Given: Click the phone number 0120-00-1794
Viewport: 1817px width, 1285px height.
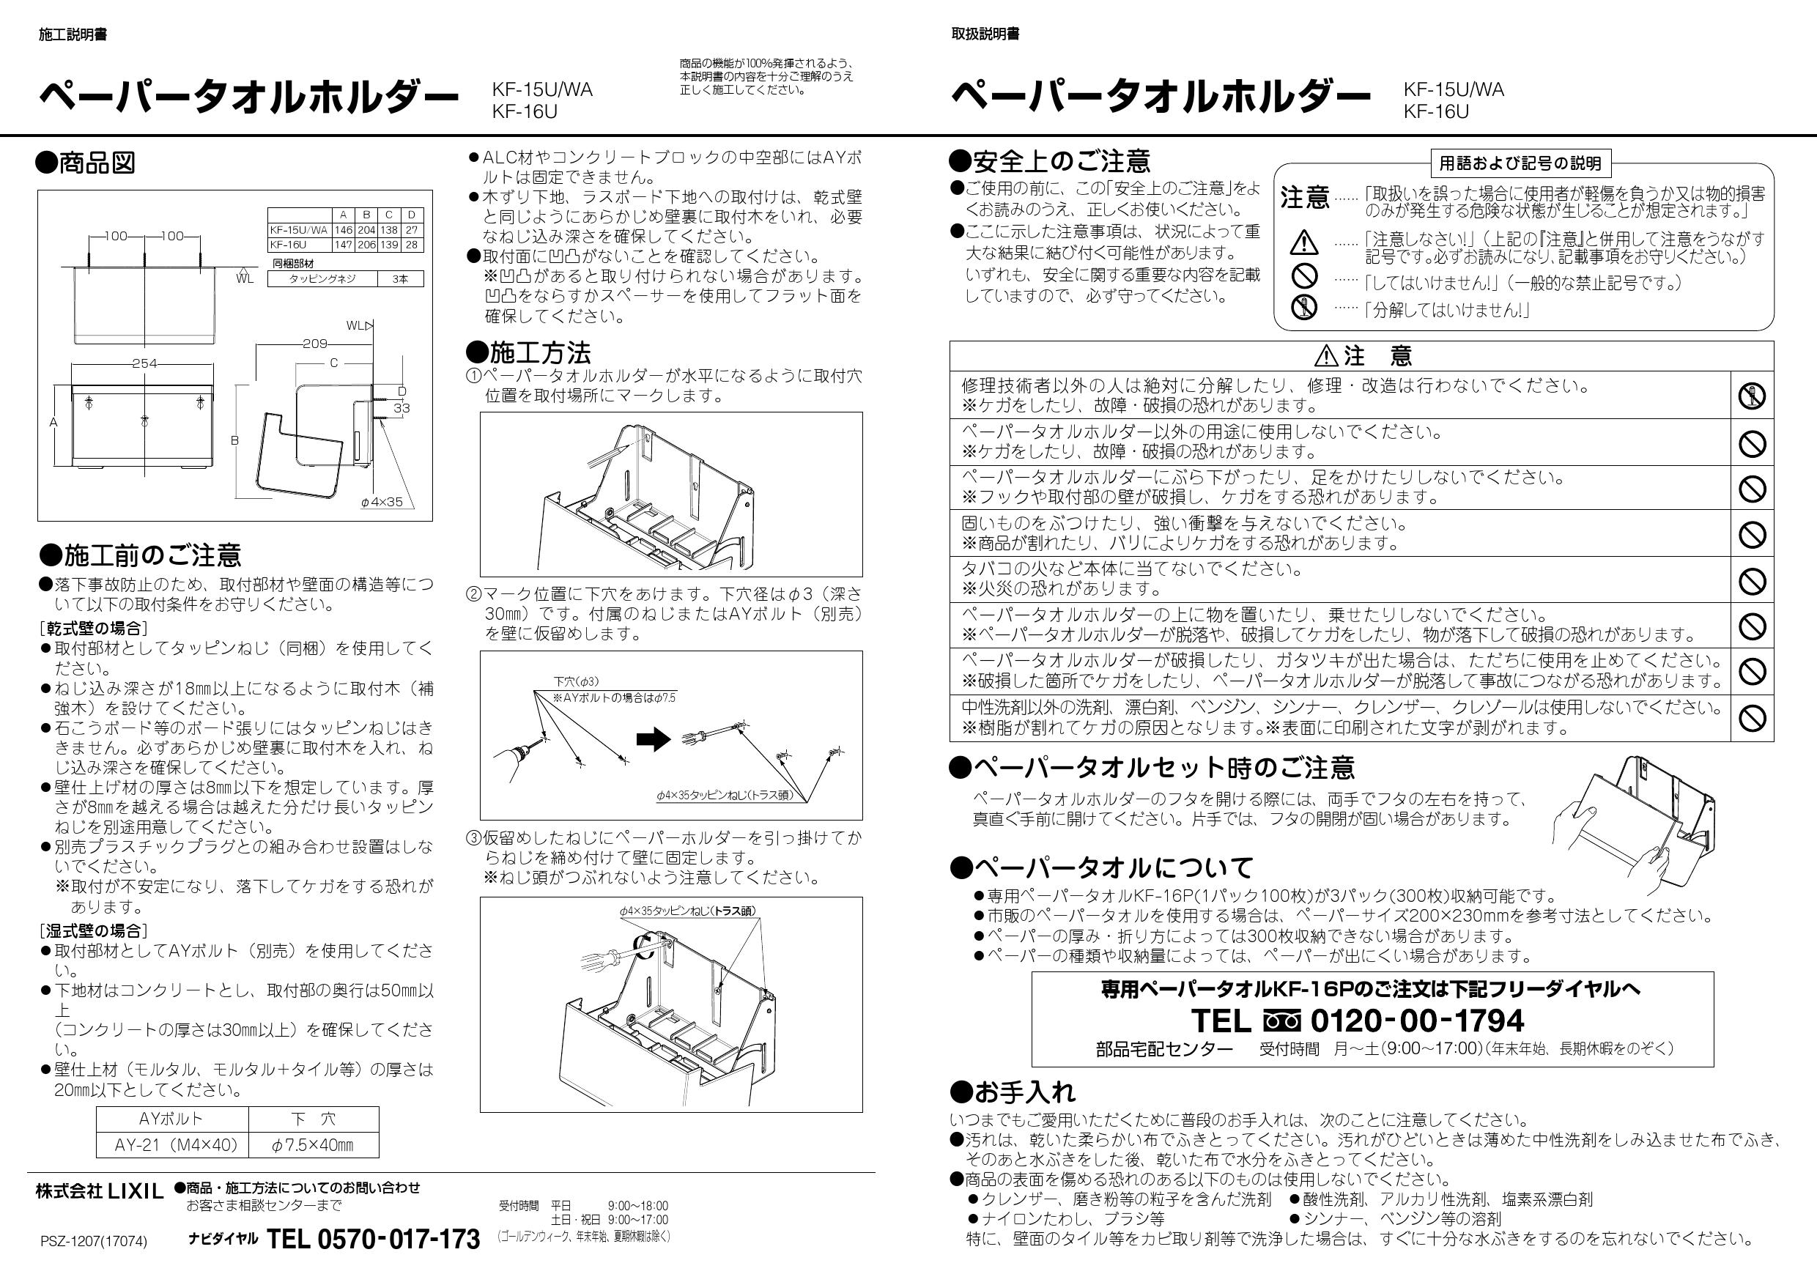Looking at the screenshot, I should [x=1416, y=1021].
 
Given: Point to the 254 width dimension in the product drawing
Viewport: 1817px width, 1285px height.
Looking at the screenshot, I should [x=144, y=363].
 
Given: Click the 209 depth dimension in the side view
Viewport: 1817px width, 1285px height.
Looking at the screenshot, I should [x=315, y=344].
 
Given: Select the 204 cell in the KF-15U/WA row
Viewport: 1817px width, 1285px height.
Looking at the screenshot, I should [x=366, y=230].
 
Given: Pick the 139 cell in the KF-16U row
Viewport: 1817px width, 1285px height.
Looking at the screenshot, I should [x=389, y=245].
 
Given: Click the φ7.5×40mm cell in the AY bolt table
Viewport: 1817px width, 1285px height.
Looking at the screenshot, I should [x=314, y=1145].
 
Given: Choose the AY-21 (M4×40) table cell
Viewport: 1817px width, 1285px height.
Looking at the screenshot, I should [x=171, y=1145].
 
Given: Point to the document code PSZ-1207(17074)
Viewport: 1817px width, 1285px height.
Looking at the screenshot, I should [x=93, y=1242].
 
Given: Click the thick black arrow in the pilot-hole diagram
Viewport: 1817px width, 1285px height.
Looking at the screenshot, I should [x=653, y=741].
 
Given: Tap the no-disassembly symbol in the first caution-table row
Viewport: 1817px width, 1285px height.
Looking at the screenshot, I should [x=1752, y=396].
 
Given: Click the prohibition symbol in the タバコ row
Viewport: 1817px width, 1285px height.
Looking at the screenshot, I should [x=1752, y=581].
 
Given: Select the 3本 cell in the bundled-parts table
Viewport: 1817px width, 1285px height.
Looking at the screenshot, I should [x=399, y=278].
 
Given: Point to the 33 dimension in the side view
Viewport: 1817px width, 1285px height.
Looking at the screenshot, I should [x=402, y=408].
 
